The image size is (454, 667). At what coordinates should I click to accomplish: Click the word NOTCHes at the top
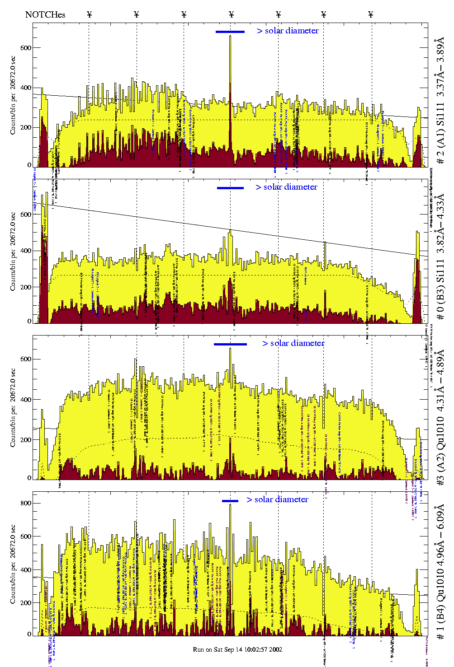(x=45, y=15)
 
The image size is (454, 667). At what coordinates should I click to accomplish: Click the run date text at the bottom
(x=237, y=649)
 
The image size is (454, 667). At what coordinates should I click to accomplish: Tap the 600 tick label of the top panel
(x=25, y=48)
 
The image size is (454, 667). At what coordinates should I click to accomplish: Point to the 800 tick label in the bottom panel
(x=25, y=503)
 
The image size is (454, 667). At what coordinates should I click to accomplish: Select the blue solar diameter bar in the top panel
(x=230, y=32)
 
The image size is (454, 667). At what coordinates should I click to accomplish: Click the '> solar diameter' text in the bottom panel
(x=278, y=499)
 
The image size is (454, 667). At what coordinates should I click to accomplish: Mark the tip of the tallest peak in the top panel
(x=230, y=36)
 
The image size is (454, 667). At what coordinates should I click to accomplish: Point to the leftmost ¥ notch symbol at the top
(x=89, y=15)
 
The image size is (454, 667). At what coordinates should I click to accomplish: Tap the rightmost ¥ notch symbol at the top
(x=371, y=15)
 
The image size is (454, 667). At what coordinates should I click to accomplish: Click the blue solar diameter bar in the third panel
(x=230, y=344)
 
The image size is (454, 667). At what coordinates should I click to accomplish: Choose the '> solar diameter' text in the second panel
(x=286, y=187)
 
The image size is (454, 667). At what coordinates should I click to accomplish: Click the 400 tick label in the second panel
(x=25, y=251)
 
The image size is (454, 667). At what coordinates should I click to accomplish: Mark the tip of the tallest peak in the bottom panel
(x=230, y=504)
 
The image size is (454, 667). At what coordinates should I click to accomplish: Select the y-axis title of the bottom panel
(x=13, y=564)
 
